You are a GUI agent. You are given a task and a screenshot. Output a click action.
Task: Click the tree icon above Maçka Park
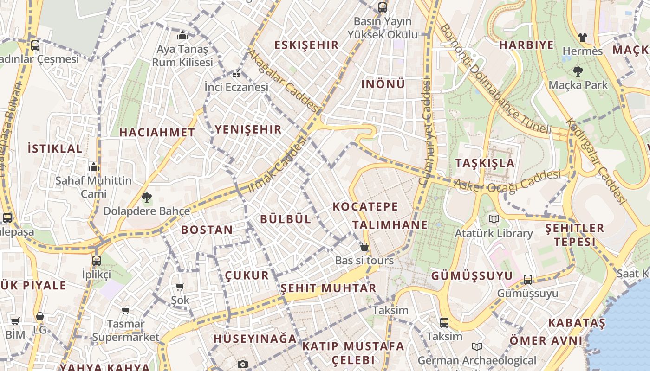pos(578,71)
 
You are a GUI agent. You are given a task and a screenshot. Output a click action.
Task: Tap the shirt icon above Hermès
pos(582,37)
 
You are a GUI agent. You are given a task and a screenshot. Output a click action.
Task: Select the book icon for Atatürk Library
pos(493,219)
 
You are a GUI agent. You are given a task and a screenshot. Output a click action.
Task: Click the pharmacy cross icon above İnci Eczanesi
pos(236,74)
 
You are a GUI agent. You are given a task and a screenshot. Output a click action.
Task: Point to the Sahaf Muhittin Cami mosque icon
pos(94,167)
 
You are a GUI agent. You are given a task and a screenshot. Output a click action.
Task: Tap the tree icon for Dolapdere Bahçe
pos(147,198)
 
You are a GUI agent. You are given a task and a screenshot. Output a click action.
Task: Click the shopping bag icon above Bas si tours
pos(364,247)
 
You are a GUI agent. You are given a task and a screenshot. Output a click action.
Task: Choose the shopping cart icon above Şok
pos(180,287)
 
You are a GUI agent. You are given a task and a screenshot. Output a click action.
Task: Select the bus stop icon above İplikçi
pos(97,260)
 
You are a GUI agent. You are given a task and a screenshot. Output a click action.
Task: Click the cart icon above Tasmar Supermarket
pos(126,310)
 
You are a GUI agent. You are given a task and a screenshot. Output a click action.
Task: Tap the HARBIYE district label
pos(526,45)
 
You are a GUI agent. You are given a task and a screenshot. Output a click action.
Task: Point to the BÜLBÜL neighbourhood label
pos(286,219)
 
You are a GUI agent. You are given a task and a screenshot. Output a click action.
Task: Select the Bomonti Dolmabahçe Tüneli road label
pos(495,78)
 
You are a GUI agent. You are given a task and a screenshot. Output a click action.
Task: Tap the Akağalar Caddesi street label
pos(284,82)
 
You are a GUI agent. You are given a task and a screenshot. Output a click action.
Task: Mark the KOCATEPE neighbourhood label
pos(365,206)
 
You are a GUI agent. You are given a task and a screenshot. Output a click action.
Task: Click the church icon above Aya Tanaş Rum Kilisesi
pos(182,36)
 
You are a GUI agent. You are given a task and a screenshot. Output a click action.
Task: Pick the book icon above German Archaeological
pos(476,346)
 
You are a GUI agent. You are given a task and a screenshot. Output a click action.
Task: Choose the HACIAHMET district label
pos(157,132)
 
